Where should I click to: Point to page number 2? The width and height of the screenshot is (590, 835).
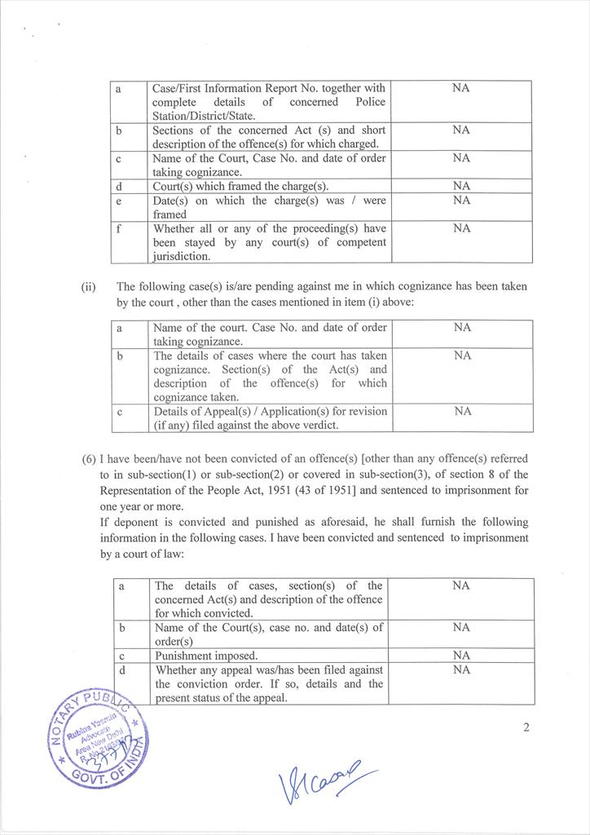coord(526,727)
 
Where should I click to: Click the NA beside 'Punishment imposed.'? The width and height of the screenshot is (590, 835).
coord(461,656)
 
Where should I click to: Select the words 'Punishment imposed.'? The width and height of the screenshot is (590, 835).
coord(206,656)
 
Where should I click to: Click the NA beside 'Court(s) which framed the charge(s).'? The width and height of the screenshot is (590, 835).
coord(461,186)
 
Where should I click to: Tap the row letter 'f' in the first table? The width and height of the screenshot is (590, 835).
coord(118,229)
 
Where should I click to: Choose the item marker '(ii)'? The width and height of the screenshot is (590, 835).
coord(89,286)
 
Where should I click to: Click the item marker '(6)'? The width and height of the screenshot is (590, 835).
coord(90,460)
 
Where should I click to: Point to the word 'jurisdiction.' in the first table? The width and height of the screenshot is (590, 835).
coord(183,256)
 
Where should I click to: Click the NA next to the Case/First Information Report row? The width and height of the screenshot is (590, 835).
coord(461,88)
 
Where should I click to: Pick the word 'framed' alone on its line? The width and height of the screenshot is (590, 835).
coord(170,214)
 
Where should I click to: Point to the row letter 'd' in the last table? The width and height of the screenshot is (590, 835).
coord(121,669)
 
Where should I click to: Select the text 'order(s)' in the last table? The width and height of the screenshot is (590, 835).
coord(174,641)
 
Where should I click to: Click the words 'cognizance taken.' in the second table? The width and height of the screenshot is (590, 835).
coord(196,397)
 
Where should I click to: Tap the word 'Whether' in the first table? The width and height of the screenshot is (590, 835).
coord(174,228)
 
